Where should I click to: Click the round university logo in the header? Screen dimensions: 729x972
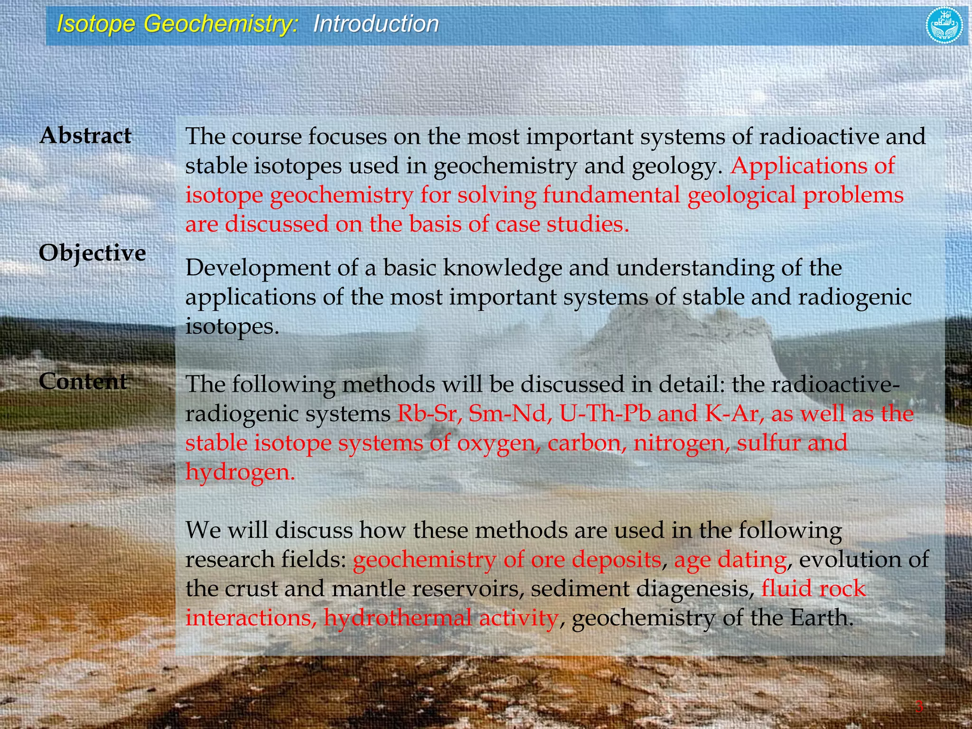944,25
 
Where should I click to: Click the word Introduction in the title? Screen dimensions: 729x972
376,24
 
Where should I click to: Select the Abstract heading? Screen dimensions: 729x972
85,136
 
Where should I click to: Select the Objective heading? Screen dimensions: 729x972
92,253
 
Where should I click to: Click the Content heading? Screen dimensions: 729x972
83,382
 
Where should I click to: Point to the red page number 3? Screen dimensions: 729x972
919,707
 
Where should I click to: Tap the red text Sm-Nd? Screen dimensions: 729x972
510,413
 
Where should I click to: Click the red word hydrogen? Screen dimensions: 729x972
240,472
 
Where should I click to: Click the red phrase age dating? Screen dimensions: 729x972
730,560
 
